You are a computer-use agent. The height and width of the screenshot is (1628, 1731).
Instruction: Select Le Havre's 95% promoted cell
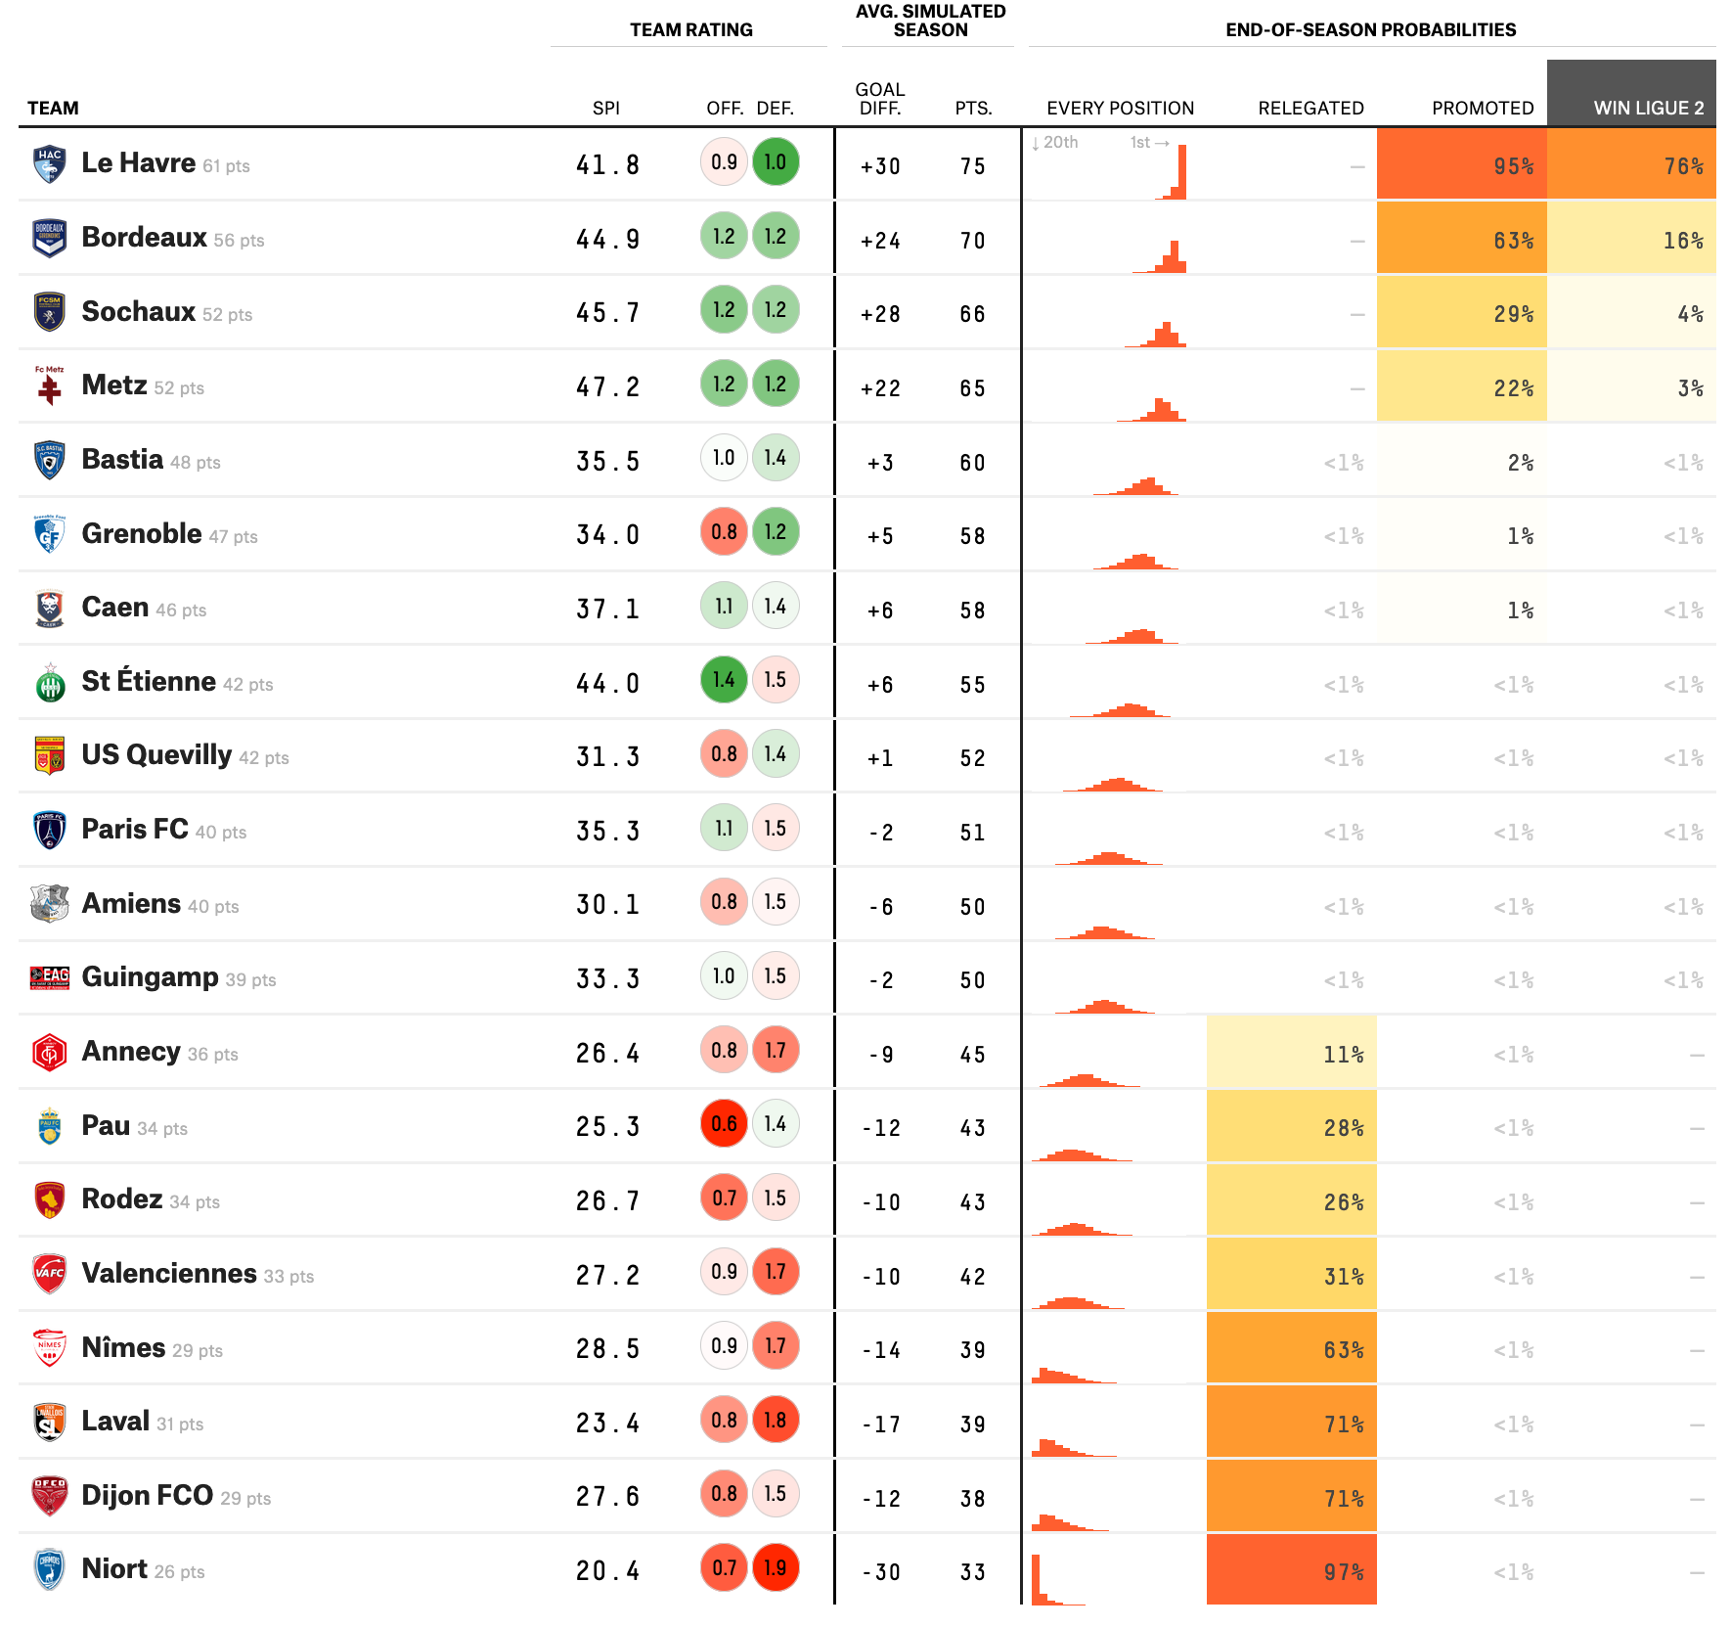point(1462,164)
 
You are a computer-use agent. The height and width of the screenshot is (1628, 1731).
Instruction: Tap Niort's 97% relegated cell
point(1292,1569)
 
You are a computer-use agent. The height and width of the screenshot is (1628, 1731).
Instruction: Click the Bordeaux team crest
point(49,238)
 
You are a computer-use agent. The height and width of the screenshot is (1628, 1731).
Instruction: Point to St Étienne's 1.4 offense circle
point(724,680)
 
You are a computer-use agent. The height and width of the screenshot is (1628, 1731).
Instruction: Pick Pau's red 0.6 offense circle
point(724,1124)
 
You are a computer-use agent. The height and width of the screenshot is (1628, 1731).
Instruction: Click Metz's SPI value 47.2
point(607,387)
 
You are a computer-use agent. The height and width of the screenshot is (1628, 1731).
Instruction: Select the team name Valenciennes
point(169,1273)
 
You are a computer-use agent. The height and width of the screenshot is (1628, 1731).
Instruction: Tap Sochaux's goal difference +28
point(880,314)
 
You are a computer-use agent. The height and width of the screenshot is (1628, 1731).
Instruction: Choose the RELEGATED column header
point(1310,108)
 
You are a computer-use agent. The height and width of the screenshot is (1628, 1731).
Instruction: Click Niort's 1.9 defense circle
point(776,1567)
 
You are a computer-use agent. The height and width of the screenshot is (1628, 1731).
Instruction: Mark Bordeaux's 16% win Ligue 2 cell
point(1631,239)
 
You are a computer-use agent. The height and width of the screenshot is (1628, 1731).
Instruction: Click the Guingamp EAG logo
point(50,976)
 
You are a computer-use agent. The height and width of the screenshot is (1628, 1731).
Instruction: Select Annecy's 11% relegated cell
point(1292,1053)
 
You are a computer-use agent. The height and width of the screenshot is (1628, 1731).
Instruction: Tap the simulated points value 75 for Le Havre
point(972,166)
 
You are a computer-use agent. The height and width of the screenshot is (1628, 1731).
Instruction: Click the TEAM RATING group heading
point(691,29)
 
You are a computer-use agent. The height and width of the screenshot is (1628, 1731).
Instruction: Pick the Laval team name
point(115,1421)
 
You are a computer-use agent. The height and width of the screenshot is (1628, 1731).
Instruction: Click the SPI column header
point(606,108)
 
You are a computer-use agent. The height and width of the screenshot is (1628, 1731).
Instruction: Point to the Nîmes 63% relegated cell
point(1292,1348)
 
